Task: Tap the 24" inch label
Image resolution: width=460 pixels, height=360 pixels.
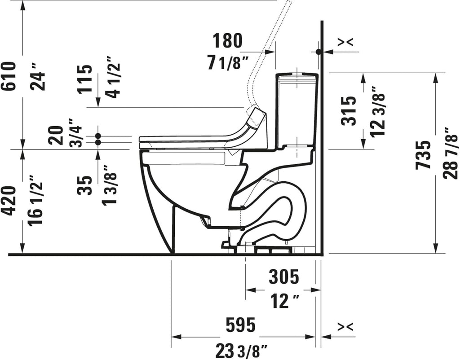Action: (x=39, y=78)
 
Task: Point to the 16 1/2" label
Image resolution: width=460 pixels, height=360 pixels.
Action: (x=36, y=200)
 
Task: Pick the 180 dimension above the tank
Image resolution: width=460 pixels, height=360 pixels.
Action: (x=228, y=41)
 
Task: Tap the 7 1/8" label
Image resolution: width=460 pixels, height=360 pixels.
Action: (x=228, y=63)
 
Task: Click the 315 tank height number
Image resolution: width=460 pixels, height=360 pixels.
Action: (x=349, y=111)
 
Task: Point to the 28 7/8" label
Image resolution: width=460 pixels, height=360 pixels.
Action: (x=451, y=153)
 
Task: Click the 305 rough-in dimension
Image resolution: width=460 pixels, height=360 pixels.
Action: (x=284, y=277)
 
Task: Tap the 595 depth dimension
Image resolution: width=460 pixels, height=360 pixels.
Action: (x=241, y=325)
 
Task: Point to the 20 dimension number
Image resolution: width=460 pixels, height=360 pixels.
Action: (x=56, y=135)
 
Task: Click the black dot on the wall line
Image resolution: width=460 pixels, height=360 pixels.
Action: (x=318, y=52)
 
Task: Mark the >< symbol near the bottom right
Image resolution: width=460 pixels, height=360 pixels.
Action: (x=345, y=327)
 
